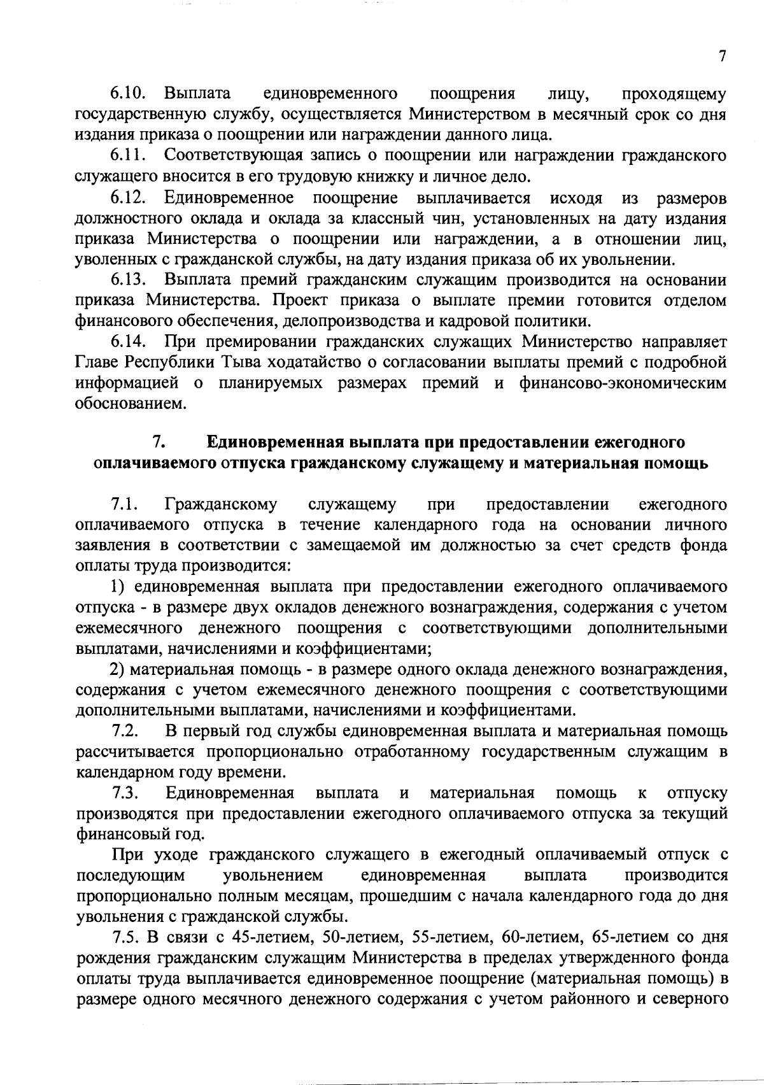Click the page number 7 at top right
pos(722,57)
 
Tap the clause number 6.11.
pos(129,155)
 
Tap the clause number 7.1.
pos(125,505)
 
